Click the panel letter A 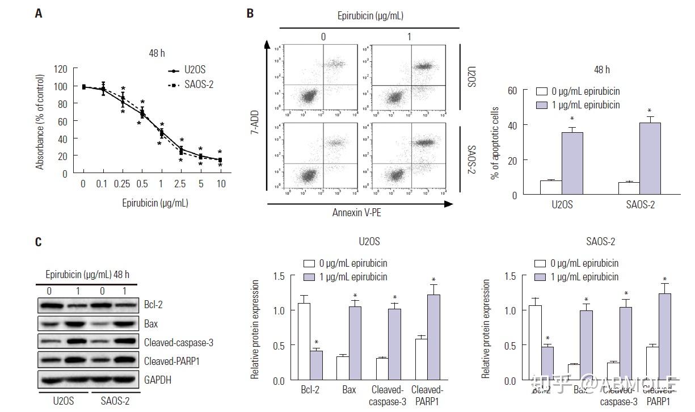(x=38, y=14)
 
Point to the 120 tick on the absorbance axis (x=61, y=69)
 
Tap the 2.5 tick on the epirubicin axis (x=181, y=184)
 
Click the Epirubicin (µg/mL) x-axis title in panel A (x=155, y=202)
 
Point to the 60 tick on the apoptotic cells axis (x=512, y=90)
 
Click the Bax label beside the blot (x=151, y=324)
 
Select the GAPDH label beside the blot (x=158, y=380)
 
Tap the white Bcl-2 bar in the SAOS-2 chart (x=535, y=343)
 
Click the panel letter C (x=38, y=242)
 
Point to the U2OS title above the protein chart (x=369, y=242)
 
